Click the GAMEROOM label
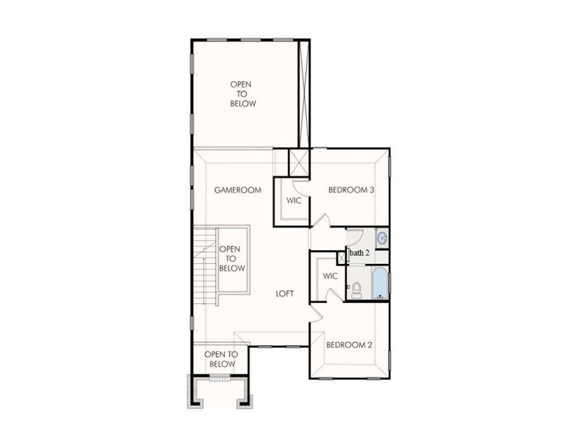pyautogui.click(x=237, y=190)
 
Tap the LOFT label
pyautogui.click(x=285, y=294)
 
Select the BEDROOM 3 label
pyautogui.click(x=351, y=190)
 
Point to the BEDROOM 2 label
pyautogui.click(x=349, y=344)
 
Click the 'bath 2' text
pyautogui.click(x=360, y=253)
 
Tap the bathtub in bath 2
pyautogui.click(x=380, y=283)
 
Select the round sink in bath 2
pyautogui.click(x=382, y=237)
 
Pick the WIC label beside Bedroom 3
pyautogui.click(x=294, y=201)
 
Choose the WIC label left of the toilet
pyautogui.click(x=330, y=276)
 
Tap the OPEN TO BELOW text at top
pyautogui.click(x=243, y=94)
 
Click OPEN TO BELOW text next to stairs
pyautogui.click(x=232, y=259)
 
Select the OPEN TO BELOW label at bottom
pyautogui.click(x=221, y=359)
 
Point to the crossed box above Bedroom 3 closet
pyautogui.click(x=300, y=162)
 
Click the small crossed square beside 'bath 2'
pyautogui.click(x=342, y=257)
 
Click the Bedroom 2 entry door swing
pyautogui.click(x=315, y=312)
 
